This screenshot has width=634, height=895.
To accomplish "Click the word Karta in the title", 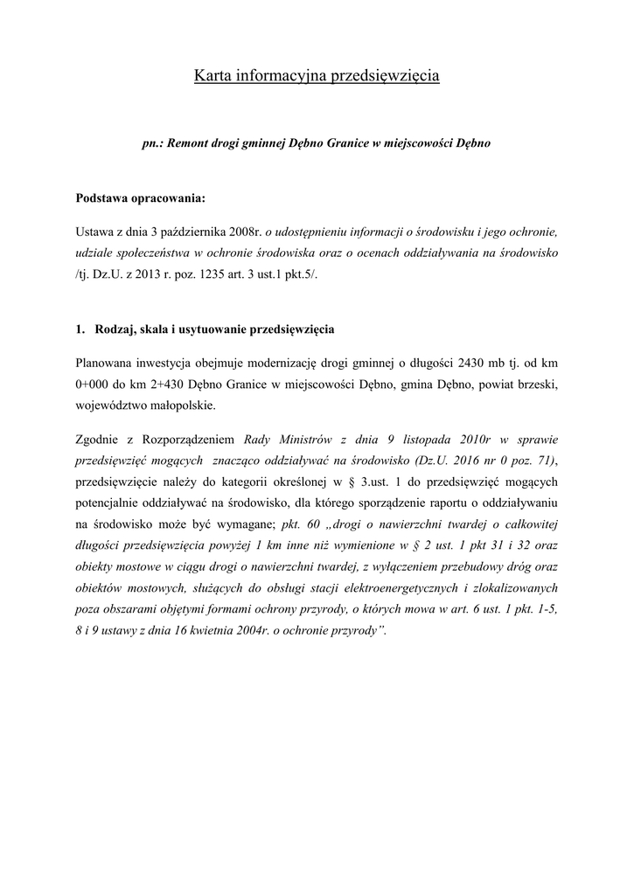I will click(212, 76).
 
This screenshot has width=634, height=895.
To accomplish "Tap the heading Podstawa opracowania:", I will click(140, 198).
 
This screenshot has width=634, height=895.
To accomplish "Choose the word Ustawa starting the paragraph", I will click(95, 232).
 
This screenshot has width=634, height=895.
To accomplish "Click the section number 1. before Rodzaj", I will click(80, 330).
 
